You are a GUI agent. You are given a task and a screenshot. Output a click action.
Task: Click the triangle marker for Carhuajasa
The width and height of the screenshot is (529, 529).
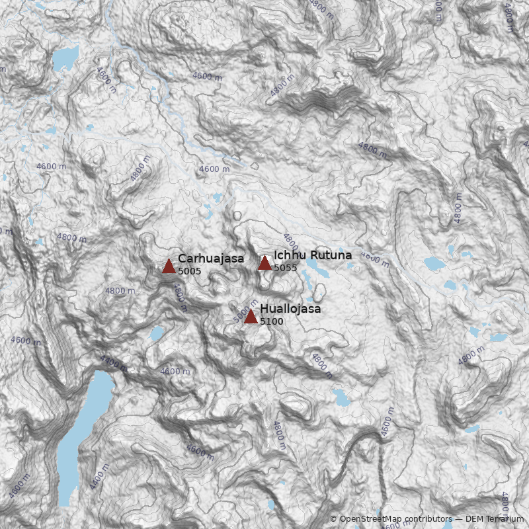pos(169,266)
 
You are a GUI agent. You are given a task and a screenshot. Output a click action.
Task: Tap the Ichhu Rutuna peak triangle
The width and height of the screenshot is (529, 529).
pos(264,263)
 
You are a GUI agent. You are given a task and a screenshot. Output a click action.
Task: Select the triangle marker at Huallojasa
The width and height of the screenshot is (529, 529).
pos(251,317)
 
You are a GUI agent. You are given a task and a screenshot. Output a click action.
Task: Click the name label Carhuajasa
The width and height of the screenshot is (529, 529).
pos(211,259)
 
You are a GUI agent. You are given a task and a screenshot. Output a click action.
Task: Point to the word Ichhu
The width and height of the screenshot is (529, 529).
pos(288,255)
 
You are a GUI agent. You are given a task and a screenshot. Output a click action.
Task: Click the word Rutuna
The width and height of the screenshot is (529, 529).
pos(329,255)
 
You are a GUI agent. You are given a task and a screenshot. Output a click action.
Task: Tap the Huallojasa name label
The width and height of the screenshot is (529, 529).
pos(290,309)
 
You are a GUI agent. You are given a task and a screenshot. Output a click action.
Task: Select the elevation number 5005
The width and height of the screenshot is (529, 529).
pos(189,271)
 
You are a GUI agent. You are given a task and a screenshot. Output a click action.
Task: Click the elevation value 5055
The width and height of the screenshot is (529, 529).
pos(285,268)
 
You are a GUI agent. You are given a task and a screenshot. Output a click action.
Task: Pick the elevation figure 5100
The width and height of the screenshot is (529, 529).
pos(271,321)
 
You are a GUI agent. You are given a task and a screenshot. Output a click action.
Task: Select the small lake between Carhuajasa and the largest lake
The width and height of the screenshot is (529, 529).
pos(156,333)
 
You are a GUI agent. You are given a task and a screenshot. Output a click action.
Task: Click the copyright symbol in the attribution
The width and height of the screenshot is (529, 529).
pos(333,520)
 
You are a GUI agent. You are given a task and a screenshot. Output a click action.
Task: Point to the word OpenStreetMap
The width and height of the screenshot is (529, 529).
pos(370,520)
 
